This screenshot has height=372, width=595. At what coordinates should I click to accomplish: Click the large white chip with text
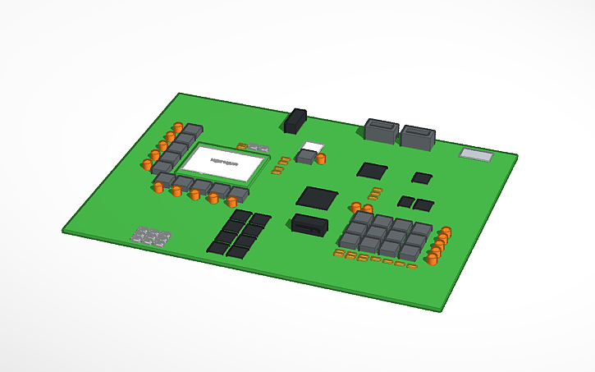pyautogui.click(x=223, y=162)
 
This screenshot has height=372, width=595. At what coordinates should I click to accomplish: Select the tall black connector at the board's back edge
pyautogui.click(x=295, y=121)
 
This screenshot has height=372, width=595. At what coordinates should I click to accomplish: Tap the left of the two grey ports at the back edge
pyautogui.click(x=381, y=131)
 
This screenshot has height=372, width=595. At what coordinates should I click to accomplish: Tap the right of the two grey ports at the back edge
pyautogui.click(x=417, y=136)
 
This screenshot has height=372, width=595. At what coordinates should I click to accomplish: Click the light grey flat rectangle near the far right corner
pyautogui.click(x=477, y=154)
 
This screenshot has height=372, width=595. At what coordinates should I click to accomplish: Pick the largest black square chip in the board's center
pyautogui.click(x=317, y=198)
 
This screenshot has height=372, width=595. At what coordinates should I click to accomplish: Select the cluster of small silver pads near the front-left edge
pyautogui.click(x=150, y=237)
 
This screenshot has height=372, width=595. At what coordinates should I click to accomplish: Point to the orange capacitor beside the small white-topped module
pyautogui.click(x=321, y=158)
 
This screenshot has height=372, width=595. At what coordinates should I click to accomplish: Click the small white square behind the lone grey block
pyautogui.click(x=310, y=148)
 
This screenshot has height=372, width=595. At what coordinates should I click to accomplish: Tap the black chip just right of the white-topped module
pyautogui.click(x=372, y=171)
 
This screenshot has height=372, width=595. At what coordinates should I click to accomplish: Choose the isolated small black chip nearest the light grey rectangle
pyautogui.click(x=422, y=177)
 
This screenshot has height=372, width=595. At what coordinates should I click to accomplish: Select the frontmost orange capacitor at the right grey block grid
pyautogui.click(x=432, y=259)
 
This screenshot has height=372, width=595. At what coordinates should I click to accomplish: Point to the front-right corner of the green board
pyautogui.click(x=442, y=310)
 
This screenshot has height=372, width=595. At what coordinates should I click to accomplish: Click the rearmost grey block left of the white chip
pyautogui.click(x=193, y=130)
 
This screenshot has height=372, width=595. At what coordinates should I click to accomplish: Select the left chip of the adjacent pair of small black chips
pyautogui.click(x=405, y=201)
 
